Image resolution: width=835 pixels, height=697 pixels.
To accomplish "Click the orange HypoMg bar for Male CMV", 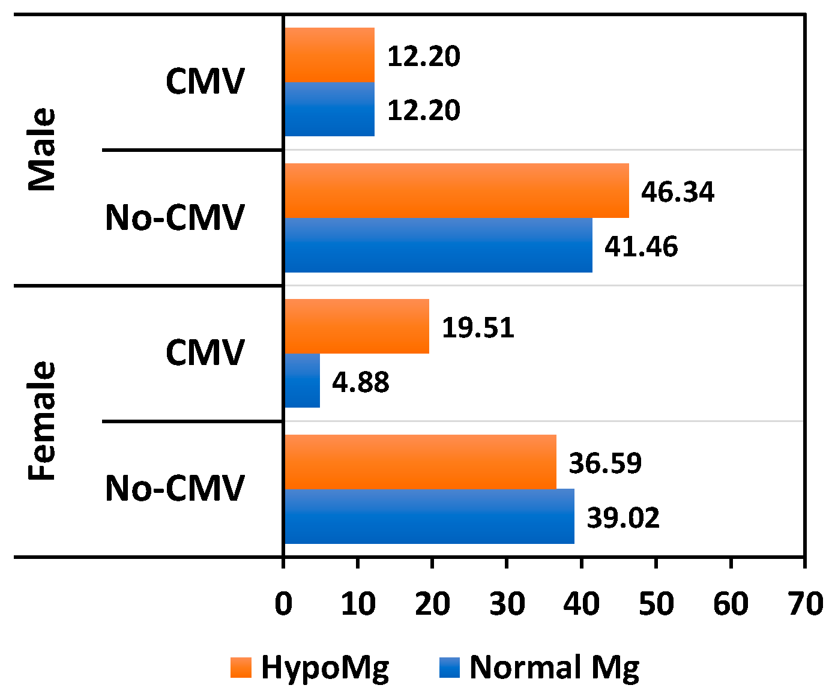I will click(x=329, y=55).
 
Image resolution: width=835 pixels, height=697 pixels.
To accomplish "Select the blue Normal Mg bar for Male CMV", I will click(x=329, y=109).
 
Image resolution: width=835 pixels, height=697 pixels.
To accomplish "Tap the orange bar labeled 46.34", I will click(x=456, y=191).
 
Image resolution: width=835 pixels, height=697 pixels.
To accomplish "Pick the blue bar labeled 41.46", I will click(x=438, y=245).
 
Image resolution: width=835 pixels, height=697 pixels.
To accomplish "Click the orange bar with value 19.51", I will click(x=357, y=327).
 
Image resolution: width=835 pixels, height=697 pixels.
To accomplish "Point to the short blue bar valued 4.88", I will click(x=302, y=381).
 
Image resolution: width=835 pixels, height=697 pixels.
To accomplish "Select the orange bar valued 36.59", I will click(x=420, y=462).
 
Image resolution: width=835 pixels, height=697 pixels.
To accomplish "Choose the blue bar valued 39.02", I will click(x=429, y=516).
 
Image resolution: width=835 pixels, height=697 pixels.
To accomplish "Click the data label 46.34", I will click(x=678, y=192).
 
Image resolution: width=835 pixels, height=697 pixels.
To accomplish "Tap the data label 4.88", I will click(x=361, y=382).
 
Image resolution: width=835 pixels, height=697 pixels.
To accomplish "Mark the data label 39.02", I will click(x=623, y=518).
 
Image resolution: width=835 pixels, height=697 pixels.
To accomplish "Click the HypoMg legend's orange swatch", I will click(x=241, y=668).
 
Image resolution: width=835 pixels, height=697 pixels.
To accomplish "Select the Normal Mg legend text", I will click(x=554, y=668).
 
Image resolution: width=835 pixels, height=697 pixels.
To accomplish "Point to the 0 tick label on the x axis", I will click(x=283, y=604).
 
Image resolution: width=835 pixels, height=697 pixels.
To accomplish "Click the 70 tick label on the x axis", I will click(x=805, y=604).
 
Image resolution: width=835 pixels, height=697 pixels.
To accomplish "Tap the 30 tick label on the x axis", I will click(x=507, y=604).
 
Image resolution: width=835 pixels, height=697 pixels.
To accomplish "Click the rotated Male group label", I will click(x=43, y=149).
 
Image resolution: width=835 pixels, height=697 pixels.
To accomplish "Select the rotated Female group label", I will click(x=43, y=421).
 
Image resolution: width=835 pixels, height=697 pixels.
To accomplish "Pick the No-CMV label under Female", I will click(x=175, y=489).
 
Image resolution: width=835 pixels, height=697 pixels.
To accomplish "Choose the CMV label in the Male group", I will click(x=205, y=82).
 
